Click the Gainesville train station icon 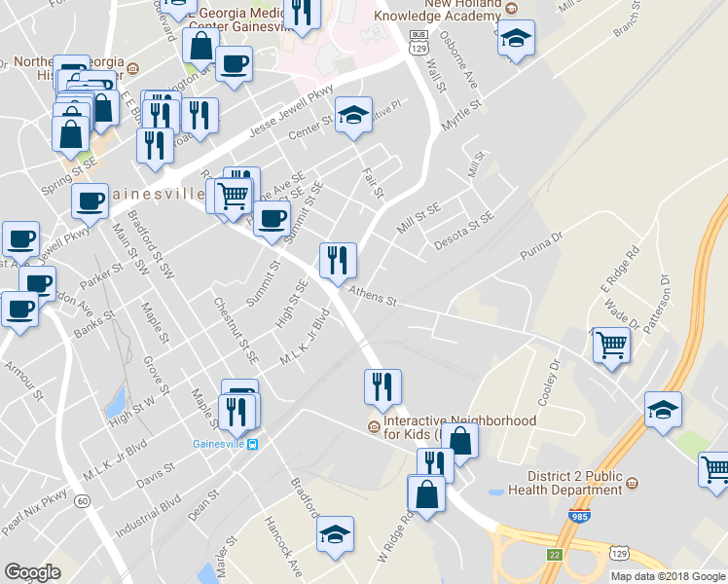coord(253,445)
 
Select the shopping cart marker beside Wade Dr coord(611,344)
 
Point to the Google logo coord(32,572)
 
